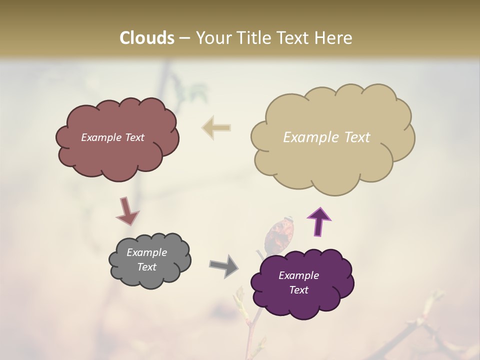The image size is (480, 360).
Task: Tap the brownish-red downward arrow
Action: (x=127, y=211)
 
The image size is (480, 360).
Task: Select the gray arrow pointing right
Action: (x=223, y=265)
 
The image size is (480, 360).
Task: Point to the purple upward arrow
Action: (x=318, y=221)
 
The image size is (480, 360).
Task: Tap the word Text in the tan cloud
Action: (x=353, y=137)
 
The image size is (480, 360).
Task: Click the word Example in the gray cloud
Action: (x=146, y=252)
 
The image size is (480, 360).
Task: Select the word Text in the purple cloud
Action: (x=298, y=290)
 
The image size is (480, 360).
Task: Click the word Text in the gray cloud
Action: (x=146, y=267)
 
